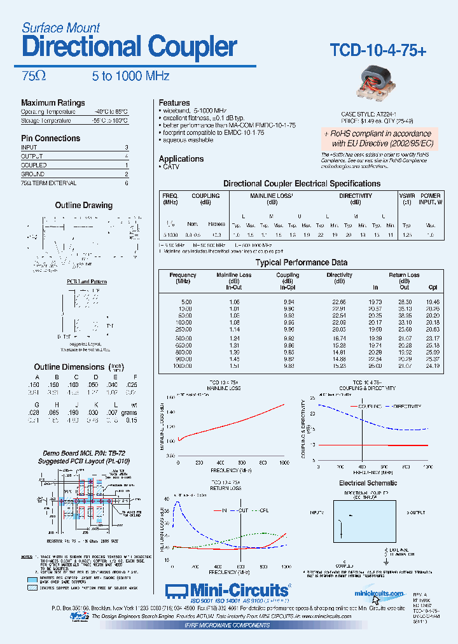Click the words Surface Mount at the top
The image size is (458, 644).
[60, 27]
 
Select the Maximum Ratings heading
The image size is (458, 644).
[53, 102]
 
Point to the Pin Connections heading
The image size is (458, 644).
[50, 138]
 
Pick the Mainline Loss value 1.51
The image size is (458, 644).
[234, 366]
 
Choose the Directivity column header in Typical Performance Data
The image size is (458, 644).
[339, 275]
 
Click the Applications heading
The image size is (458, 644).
[181, 158]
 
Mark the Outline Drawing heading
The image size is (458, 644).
[83, 206]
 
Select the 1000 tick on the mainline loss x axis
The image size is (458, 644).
[284, 463]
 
